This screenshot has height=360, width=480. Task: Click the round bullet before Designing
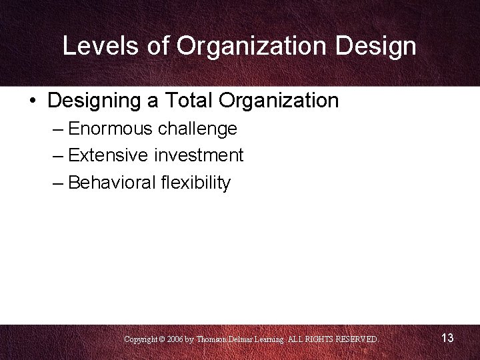[x=33, y=101]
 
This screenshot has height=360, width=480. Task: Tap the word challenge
[x=197, y=129]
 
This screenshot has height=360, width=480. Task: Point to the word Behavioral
[x=111, y=183]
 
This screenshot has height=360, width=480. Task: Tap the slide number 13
[x=447, y=338]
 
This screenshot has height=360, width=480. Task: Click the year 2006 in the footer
[x=176, y=339]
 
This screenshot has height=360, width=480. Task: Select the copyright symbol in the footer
[x=161, y=339]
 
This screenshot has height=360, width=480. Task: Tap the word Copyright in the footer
[x=140, y=339]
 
